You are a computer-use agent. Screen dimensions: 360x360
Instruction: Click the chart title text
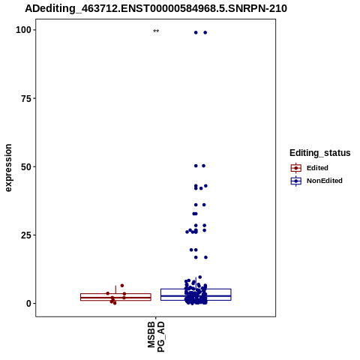pos(156,9)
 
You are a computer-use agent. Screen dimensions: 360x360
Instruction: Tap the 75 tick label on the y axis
pos(26,98)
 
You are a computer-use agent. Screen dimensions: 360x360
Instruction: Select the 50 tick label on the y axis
pos(26,166)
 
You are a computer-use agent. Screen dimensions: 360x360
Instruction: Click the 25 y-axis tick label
pos(26,235)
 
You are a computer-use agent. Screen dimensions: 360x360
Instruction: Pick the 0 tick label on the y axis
pos(28,304)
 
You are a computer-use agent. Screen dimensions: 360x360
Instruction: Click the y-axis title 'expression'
pos(8,168)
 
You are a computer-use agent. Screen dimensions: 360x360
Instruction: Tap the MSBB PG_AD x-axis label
pos(156,337)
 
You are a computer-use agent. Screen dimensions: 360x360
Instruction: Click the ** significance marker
pos(156,31)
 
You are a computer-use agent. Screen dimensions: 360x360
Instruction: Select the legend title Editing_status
pos(320,153)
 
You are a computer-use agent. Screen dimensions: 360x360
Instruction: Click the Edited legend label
pos(317,168)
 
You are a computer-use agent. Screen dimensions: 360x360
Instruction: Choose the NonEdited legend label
pos(325,181)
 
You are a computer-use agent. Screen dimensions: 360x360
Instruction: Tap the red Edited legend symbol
pos(296,168)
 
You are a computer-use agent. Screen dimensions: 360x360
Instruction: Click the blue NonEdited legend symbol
pos(296,181)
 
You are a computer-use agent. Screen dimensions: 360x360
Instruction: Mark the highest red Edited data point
pos(122,286)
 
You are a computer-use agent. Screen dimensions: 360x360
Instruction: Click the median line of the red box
pos(115,298)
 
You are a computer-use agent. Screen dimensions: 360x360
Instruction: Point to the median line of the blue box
pos(196,295)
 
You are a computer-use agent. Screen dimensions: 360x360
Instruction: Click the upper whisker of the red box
pos(115,289)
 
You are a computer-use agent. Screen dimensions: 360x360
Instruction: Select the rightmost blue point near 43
pos(205,186)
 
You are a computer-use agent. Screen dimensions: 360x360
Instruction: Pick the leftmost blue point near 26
pos(187,232)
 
